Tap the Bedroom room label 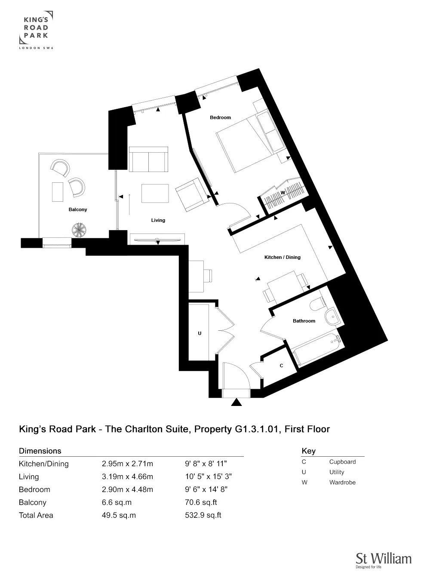[x=220, y=117]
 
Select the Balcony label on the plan [x=78, y=209]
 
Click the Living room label [x=158, y=220]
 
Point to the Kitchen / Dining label [x=282, y=257]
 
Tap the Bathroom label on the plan [x=304, y=321]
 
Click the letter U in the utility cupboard [x=200, y=333]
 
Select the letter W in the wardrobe [x=283, y=193]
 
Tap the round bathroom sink [x=332, y=318]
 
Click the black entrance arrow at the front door [x=236, y=403]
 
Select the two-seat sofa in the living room [x=148, y=159]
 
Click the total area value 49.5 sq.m [x=119, y=515]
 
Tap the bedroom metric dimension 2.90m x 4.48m [x=127, y=489]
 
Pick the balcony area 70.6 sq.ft [x=201, y=502]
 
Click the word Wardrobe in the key [x=342, y=483]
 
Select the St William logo [x=383, y=560]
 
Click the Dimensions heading [x=40, y=451]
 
